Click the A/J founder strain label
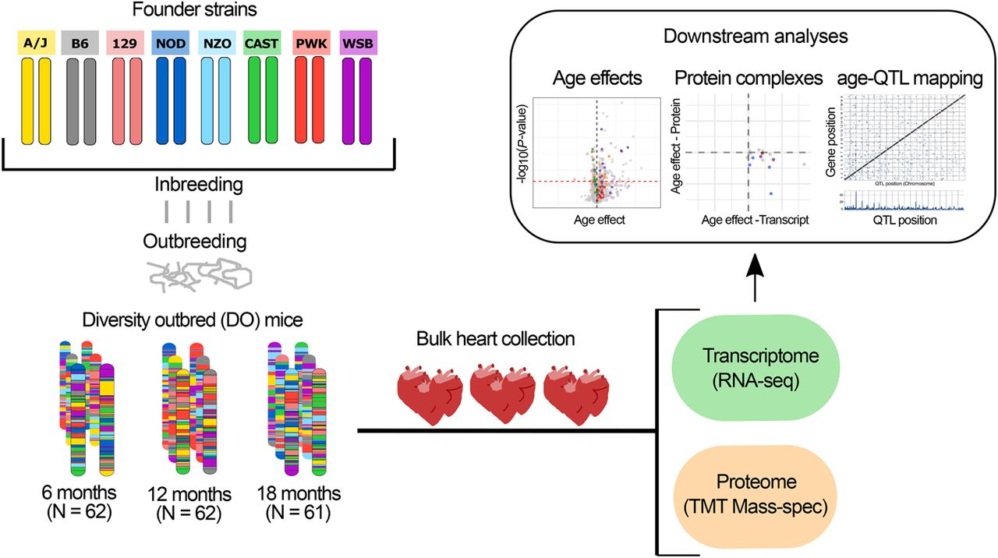point(36,44)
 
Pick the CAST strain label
point(263,44)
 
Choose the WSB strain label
point(359,44)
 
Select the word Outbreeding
point(194,241)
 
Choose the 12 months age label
point(190,494)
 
